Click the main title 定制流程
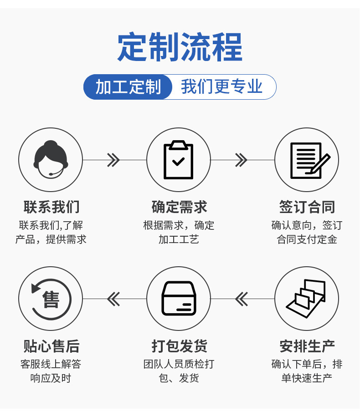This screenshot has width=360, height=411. (180, 47)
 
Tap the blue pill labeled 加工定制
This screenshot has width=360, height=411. (128, 87)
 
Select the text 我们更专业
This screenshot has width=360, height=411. (222, 86)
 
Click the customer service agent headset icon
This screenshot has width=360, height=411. (51, 160)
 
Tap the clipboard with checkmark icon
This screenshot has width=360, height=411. (179, 160)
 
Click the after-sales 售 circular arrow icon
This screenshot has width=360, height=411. (51, 299)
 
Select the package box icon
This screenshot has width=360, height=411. (179, 299)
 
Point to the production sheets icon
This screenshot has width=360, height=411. (307, 299)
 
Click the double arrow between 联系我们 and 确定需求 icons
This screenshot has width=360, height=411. (113, 160)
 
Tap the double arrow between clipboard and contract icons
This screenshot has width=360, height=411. (241, 160)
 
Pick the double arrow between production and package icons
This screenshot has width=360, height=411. (241, 299)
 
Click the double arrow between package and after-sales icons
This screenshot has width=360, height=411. (113, 299)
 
